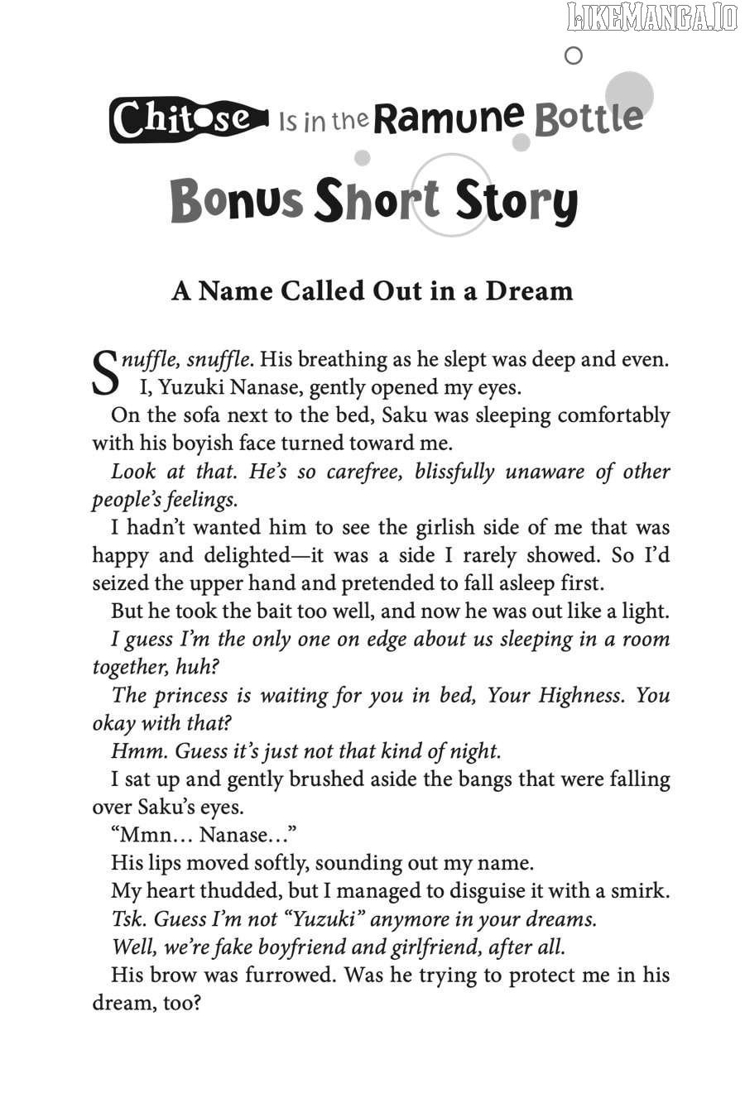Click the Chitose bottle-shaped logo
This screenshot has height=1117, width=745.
tap(189, 120)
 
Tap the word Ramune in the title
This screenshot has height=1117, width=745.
tap(448, 118)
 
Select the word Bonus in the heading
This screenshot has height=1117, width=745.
tap(236, 201)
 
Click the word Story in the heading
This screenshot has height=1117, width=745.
tap(516, 203)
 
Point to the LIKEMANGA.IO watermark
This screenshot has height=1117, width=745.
tap(651, 17)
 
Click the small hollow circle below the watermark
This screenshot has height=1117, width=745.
tap(572, 56)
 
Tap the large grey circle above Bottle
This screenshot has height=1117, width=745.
tap(629, 95)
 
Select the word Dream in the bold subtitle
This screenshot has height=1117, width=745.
tap(529, 290)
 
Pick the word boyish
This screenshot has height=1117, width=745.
tap(208, 443)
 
